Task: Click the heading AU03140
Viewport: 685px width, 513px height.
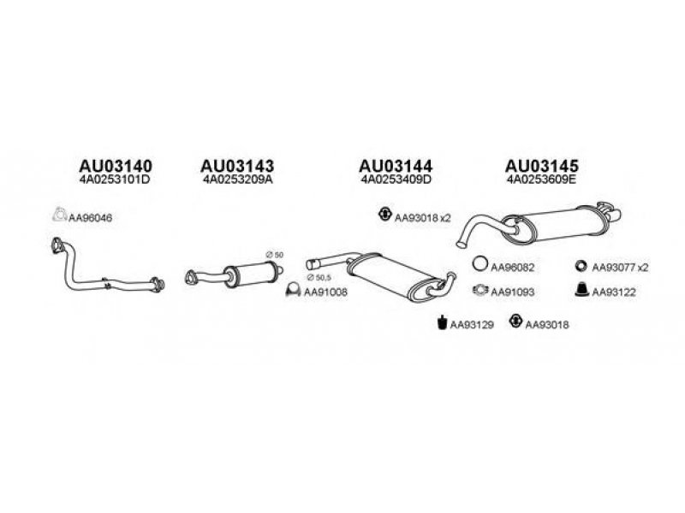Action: point(116,166)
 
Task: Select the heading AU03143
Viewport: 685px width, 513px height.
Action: point(237,166)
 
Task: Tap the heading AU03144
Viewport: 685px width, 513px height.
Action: point(396,166)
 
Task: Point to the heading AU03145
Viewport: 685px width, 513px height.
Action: point(542,166)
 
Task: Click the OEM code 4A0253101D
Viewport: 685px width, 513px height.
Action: point(115,180)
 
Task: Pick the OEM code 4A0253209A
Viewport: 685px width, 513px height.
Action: point(238,180)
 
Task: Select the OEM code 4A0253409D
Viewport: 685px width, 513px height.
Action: point(396,180)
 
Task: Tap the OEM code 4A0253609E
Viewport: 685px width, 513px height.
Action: point(542,180)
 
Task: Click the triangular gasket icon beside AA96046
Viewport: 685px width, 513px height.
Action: point(59,215)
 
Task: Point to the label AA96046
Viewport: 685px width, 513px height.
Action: point(91,218)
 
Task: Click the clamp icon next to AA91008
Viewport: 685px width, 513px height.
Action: point(293,290)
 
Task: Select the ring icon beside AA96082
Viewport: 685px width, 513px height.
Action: point(480,263)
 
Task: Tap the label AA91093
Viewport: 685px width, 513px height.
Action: point(512,292)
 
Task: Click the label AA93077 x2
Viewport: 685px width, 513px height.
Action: point(620,268)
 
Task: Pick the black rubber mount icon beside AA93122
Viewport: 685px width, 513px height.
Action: point(582,290)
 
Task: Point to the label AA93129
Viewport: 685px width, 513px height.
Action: point(472,325)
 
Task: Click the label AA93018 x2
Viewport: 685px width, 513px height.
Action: point(422,218)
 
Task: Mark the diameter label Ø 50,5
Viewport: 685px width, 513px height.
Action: point(319,277)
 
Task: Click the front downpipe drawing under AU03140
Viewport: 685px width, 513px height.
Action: point(107,267)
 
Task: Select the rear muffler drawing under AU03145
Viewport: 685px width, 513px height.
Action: point(539,225)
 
